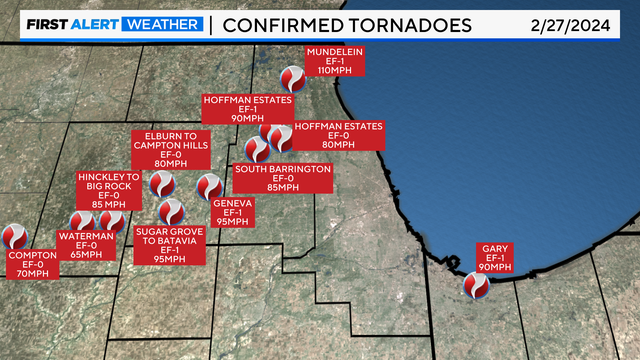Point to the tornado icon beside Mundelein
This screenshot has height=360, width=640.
(292, 77)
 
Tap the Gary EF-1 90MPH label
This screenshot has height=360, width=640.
(495, 257)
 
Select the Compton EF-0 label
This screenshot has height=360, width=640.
(32, 264)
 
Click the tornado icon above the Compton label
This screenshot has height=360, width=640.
(14, 236)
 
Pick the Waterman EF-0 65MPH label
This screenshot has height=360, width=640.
(79, 245)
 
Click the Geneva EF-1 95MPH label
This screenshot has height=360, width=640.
(231, 212)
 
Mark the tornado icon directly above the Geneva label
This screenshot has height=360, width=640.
(209, 187)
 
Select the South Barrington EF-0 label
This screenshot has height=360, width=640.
(283, 177)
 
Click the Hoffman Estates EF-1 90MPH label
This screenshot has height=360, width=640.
(247, 109)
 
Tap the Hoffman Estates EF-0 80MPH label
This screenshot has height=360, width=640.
(339, 135)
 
